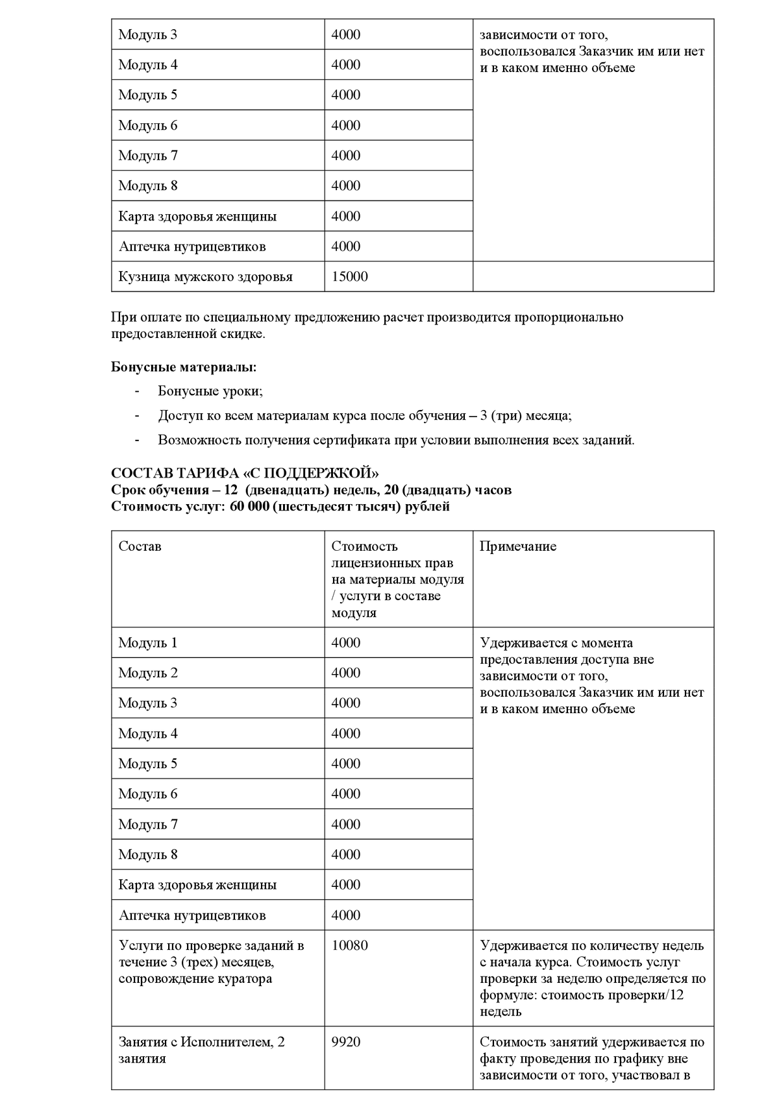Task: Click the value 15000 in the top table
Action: point(349,277)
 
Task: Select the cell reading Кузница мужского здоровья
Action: point(205,277)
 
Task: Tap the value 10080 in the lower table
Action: point(349,945)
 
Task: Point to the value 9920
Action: point(345,1042)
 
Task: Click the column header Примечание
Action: point(517,546)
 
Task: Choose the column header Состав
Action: point(140,546)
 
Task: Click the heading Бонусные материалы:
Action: point(184,367)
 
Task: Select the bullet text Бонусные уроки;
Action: point(210,391)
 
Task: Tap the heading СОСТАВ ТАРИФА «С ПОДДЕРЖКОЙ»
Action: point(245,473)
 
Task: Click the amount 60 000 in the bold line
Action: point(249,506)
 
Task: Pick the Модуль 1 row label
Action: point(147,643)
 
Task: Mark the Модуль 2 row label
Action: point(147,673)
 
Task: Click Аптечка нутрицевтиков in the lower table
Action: point(192,915)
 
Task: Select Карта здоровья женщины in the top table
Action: point(197,217)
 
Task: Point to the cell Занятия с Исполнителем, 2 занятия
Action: point(201,1050)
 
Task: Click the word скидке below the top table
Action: point(243,334)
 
